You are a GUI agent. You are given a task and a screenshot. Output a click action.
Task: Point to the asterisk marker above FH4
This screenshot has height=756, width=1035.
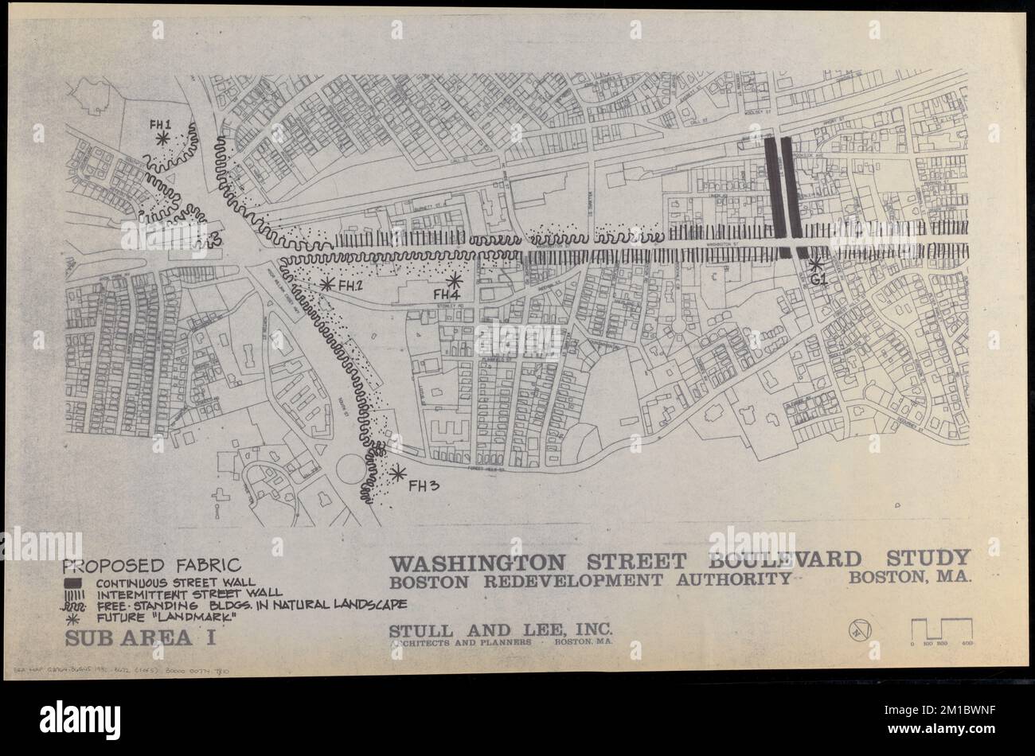(454, 280)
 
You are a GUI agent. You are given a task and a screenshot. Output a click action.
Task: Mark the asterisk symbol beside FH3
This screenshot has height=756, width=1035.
(396, 473)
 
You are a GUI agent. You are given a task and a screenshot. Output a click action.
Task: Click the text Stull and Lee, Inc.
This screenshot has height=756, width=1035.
(501, 631)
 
